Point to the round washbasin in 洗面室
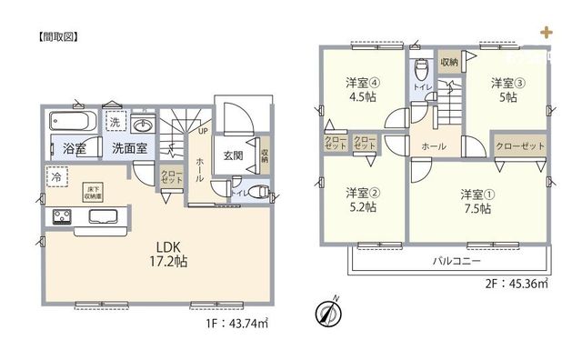click(x=141, y=125)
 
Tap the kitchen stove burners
click(x=63, y=216)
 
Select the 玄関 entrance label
click(x=233, y=155)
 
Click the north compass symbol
click(x=327, y=312)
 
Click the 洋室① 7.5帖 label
click(x=475, y=201)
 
